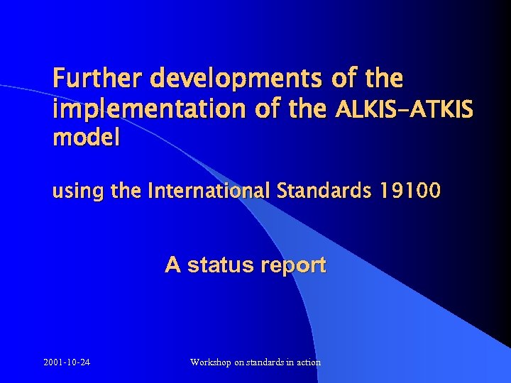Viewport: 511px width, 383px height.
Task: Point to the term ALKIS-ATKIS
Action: tap(404, 110)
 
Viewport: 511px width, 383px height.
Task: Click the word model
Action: tap(86, 138)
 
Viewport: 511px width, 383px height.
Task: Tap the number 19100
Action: tap(410, 191)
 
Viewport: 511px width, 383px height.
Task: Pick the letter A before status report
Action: tap(172, 265)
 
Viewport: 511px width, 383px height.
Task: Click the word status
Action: tap(221, 265)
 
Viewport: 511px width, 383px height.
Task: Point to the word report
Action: tap(293, 266)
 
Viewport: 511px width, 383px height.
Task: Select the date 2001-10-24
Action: tap(67, 362)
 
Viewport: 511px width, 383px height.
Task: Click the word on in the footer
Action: tap(240, 362)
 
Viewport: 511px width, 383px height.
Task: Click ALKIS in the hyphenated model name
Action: tap(359, 110)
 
